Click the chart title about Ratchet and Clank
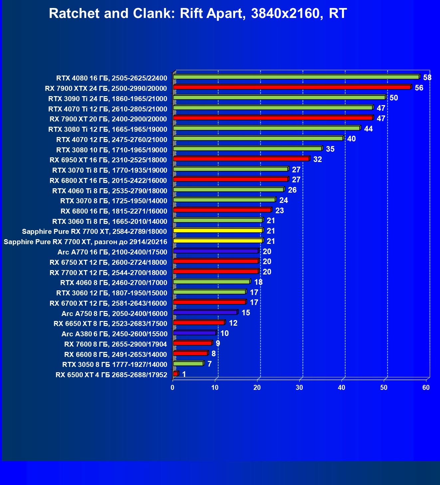coord(198,14)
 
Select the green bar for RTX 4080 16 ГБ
coord(296,77)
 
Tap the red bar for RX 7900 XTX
coord(292,87)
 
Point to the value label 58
coord(427,78)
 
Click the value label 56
coord(419,88)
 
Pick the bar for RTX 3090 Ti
coord(279,98)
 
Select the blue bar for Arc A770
coord(216,251)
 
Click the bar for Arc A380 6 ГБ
coord(195,333)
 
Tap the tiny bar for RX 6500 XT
coord(176,374)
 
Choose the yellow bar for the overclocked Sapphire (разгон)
coord(218,241)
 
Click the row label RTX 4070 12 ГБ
coord(111,140)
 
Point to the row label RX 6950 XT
coord(108,160)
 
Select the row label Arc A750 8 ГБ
coord(114,314)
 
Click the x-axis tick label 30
coord(299,388)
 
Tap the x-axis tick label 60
coord(426,388)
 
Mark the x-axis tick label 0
coord(173,388)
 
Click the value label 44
coord(368,129)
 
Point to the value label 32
coord(317,160)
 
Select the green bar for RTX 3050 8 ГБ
coord(188,364)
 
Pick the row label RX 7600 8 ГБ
coord(115,344)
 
